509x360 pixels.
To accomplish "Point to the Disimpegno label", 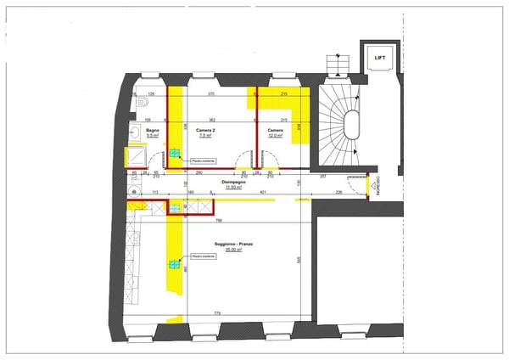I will pyautogui.click(x=234, y=183).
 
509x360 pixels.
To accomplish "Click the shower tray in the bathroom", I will pyautogui.click(x=136, y=157).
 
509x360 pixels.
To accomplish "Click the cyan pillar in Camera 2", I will pyautogui.click(x=175, y=154).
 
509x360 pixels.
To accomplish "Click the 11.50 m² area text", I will pyautogui.click(x=234, y=188).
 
